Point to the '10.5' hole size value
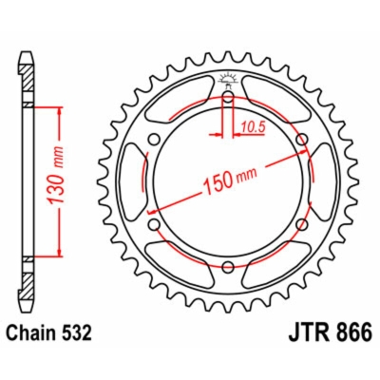pyautogui.click(x=252, y=123)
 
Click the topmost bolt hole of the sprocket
pyautogui.click(x=229, y=97)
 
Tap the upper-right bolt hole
pyautogui.click(x=302, y=142)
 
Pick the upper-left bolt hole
pyautogui.click(x=155, y=142)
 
